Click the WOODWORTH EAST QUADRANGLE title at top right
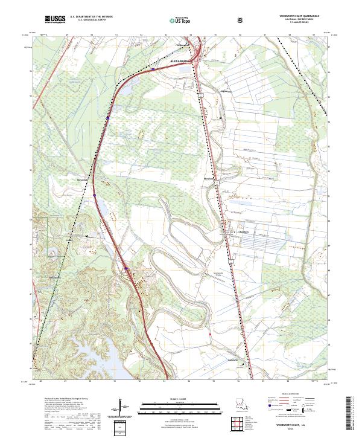click(x=295, y=17)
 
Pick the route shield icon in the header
click(x=240, y=19)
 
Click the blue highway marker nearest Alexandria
click(x=153, y=69)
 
